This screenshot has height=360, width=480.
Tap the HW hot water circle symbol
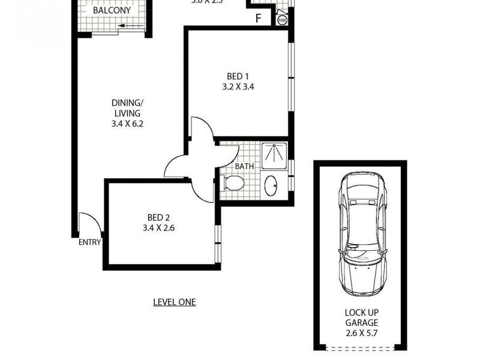click(x=282, y=20)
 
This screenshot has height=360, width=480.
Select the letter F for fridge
click(x=259, y=19)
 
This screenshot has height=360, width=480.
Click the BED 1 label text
click(x=238, y=76)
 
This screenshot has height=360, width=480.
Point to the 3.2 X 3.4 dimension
click(x=238, y=86)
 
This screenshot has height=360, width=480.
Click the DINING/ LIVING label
click(x=127, y=108)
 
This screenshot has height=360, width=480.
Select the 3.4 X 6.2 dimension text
click(x=127, y=124)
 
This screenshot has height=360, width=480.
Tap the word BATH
click(x=244, y=166)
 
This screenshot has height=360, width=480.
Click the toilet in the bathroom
click(x=233, y=182)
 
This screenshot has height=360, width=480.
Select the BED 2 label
click(x=158, y=218)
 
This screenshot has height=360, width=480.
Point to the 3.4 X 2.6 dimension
click(x=158, y=228)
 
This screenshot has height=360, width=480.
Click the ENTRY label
click(x=89, y=242)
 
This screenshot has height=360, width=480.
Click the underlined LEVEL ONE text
click(x=175, y=302)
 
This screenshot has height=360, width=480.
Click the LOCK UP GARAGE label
click(x=361, y=318)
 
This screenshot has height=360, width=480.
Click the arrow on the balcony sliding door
click(x=126, y=26)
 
